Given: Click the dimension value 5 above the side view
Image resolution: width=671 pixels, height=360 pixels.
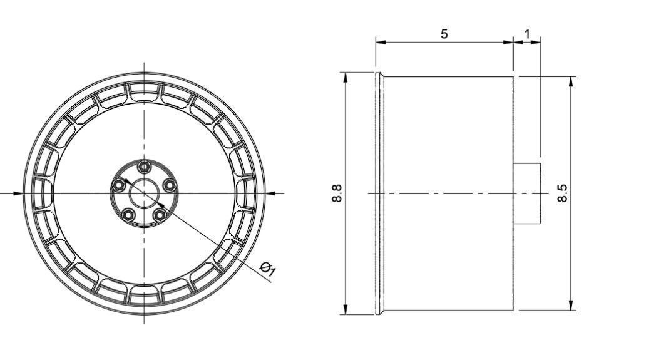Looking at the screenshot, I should point(444,34).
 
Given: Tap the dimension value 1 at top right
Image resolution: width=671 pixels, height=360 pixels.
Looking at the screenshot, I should point(527,33).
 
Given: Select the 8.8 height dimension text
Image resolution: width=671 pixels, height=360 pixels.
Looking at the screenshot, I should point(337,193).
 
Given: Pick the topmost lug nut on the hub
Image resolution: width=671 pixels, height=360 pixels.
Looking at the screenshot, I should point(145,166).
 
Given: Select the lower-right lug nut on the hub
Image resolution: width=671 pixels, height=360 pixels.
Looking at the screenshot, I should point(160,215).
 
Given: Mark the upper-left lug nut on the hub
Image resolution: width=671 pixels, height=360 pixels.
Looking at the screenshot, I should point(118,185).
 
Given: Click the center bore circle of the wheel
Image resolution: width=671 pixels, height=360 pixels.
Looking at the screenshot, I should point(145,193).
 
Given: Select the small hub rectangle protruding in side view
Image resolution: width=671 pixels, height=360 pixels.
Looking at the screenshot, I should point(526,193).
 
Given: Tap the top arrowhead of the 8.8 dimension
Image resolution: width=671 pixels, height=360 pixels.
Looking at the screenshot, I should point(345,77).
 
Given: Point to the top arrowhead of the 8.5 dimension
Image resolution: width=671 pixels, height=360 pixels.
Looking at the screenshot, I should point(571,82).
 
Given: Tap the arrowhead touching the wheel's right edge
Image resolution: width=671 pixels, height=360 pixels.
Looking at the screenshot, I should point(270,193).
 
